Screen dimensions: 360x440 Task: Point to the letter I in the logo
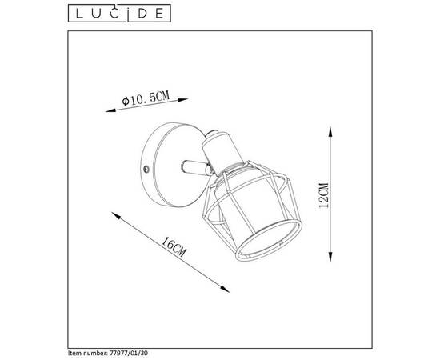point(122,11)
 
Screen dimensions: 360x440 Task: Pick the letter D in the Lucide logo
point(136,11)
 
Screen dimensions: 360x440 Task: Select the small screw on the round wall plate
point(146,169)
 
